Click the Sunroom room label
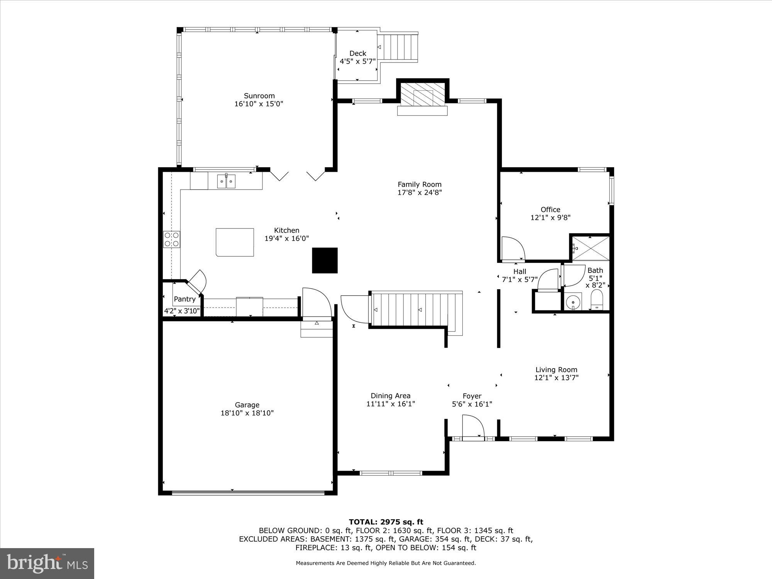[259, 96]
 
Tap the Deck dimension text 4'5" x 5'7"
[357, 61]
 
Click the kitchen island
[235, 242]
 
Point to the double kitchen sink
[226, 181]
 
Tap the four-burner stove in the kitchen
[171, 239]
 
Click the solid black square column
[325, 260]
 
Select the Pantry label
[185, 299]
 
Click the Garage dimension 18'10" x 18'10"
[247, 413]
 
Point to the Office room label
[550, 210]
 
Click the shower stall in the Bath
[591, 248]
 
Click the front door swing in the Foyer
[473, 427]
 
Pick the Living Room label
[556, 370]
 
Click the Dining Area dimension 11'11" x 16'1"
[390, 404]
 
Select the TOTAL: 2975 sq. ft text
[386, 522]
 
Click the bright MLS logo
[47, 564]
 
